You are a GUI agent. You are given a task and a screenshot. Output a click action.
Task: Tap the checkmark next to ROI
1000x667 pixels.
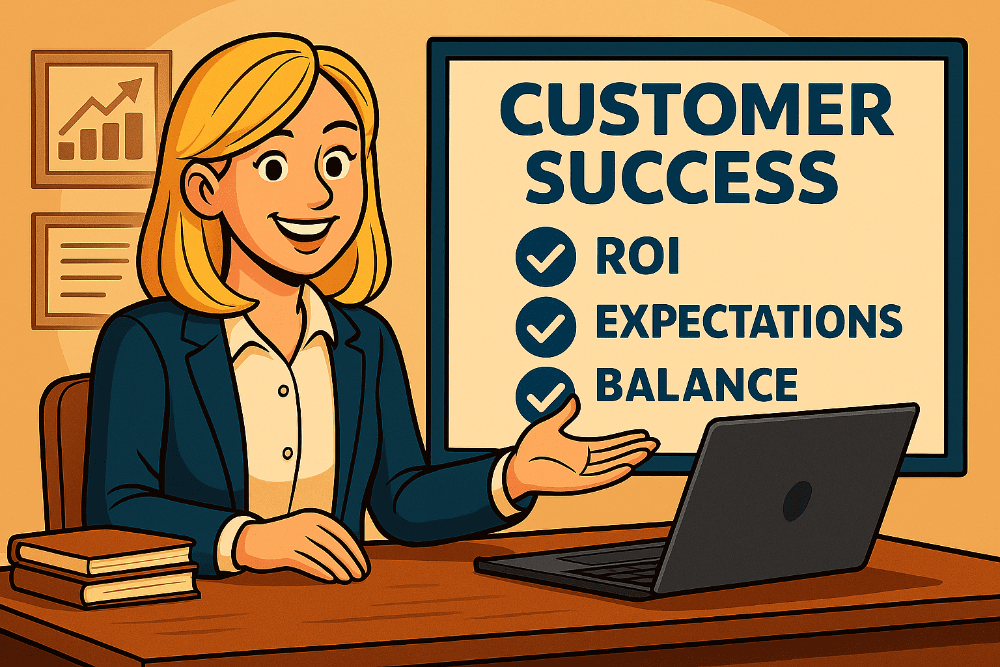[545, 257]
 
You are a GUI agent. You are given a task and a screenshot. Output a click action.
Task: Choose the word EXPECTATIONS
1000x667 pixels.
[749, 321]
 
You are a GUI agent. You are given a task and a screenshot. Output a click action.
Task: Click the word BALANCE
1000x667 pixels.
[696, 385]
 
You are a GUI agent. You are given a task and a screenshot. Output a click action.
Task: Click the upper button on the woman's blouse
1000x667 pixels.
[283, 391]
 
